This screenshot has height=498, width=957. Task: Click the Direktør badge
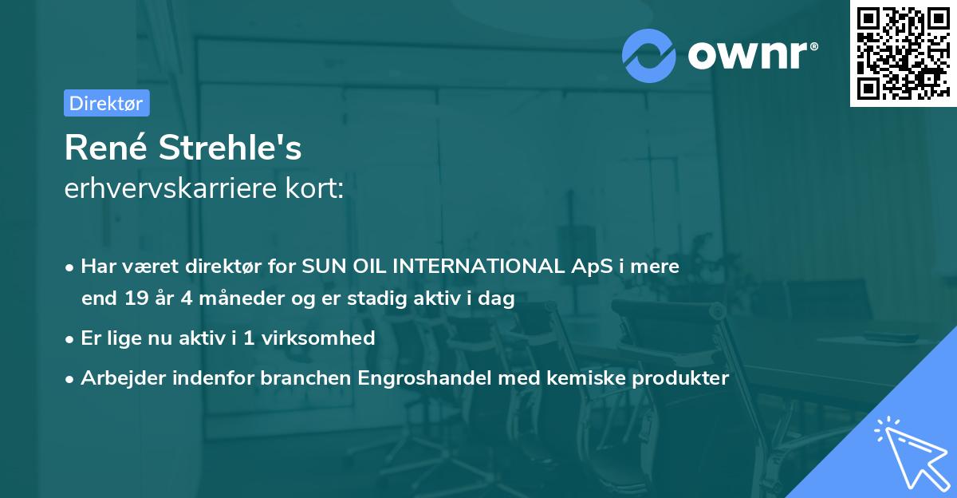tap(106, 103)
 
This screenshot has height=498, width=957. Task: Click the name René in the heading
tap(105, 149)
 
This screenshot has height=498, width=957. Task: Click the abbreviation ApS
tap(590, 267)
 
